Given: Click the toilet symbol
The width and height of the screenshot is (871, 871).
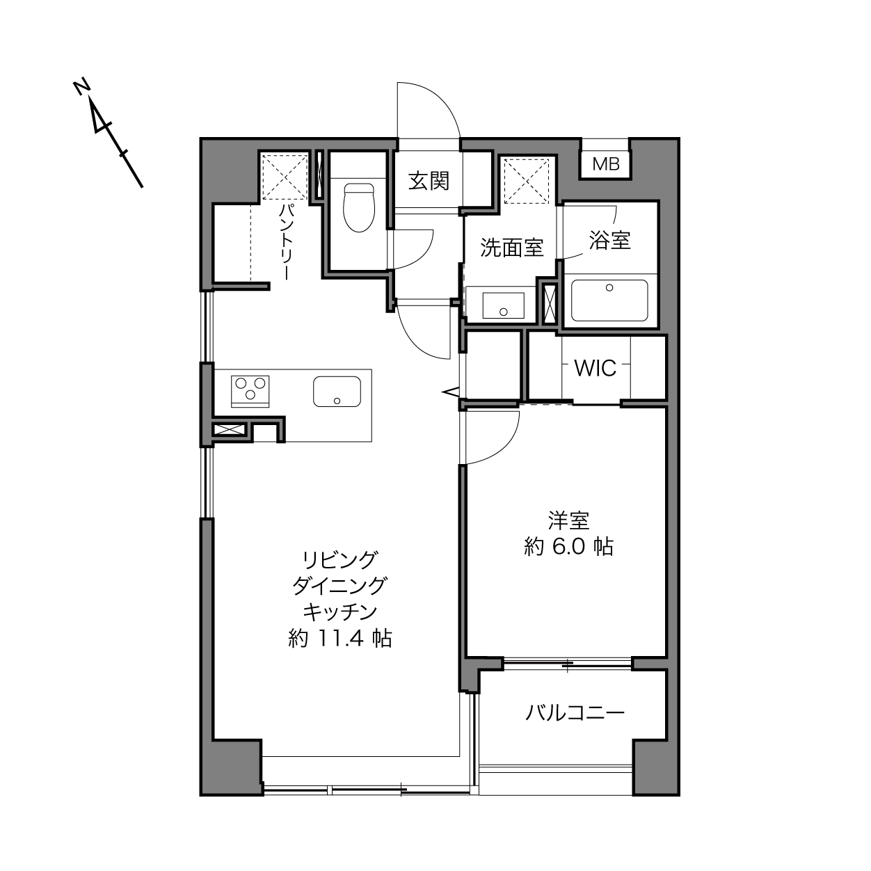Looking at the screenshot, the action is [x=360, y=207].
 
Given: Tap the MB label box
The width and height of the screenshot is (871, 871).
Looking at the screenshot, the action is [x=606, y=164].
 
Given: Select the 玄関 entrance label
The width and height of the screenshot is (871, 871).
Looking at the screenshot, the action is [x=429, y=182].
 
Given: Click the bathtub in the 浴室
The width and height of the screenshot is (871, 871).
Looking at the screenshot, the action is [x=609, y=301].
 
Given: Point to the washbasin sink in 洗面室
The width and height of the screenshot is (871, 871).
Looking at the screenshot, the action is [x=503, y=305].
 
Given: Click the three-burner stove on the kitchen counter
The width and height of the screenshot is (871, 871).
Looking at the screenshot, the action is [x=250, y=392].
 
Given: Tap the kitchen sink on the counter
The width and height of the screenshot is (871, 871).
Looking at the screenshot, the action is [x=337, y=392].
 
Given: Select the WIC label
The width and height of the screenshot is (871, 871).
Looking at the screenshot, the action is [x=596, y=369].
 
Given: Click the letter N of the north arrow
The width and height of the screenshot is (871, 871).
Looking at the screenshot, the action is [x=81, y=88].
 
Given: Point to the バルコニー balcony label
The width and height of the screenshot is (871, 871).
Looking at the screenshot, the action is [x=575, y=713].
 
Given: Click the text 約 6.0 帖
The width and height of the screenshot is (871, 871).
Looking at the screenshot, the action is [x=568, y=547].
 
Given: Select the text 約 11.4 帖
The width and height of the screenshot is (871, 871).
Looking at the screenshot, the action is [x=340, y=639].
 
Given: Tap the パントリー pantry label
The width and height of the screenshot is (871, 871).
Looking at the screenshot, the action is [x=286, y=242].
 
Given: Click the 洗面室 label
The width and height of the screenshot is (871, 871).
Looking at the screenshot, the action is [x=511, y=248].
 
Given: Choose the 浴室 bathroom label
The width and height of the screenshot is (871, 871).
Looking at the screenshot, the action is [x=609, y=240].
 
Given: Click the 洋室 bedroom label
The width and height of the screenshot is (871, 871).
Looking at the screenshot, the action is [x=568, y=520].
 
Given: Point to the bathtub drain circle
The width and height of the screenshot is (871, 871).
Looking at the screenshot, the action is [x=609, y=287].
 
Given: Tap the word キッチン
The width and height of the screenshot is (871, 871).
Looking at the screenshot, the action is [x=340, y=612].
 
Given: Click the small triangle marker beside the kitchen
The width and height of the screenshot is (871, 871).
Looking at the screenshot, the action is [x=452, y=392].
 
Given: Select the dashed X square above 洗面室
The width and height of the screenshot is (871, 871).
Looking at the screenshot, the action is [x=527, y=180].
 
